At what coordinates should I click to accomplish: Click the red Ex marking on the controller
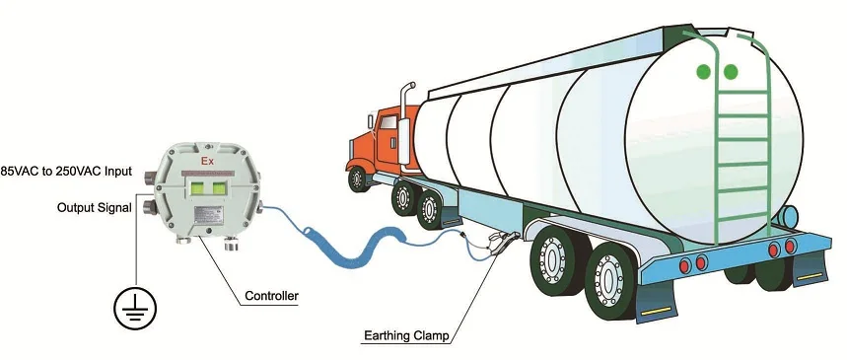[x=208, y=160]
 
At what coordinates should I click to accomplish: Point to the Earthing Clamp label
[x=404, y=336]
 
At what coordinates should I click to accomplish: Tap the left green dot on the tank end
[x=704, y=72]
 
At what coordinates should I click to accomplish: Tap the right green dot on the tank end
[x=731, y=72]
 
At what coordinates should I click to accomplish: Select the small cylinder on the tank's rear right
[x=789, y=214]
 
